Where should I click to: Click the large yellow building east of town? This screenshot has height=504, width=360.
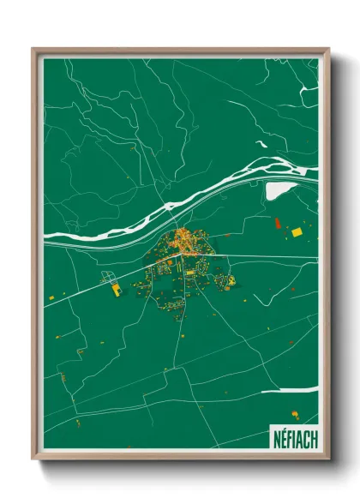297,232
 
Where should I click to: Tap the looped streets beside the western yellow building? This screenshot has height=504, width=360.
107,278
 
